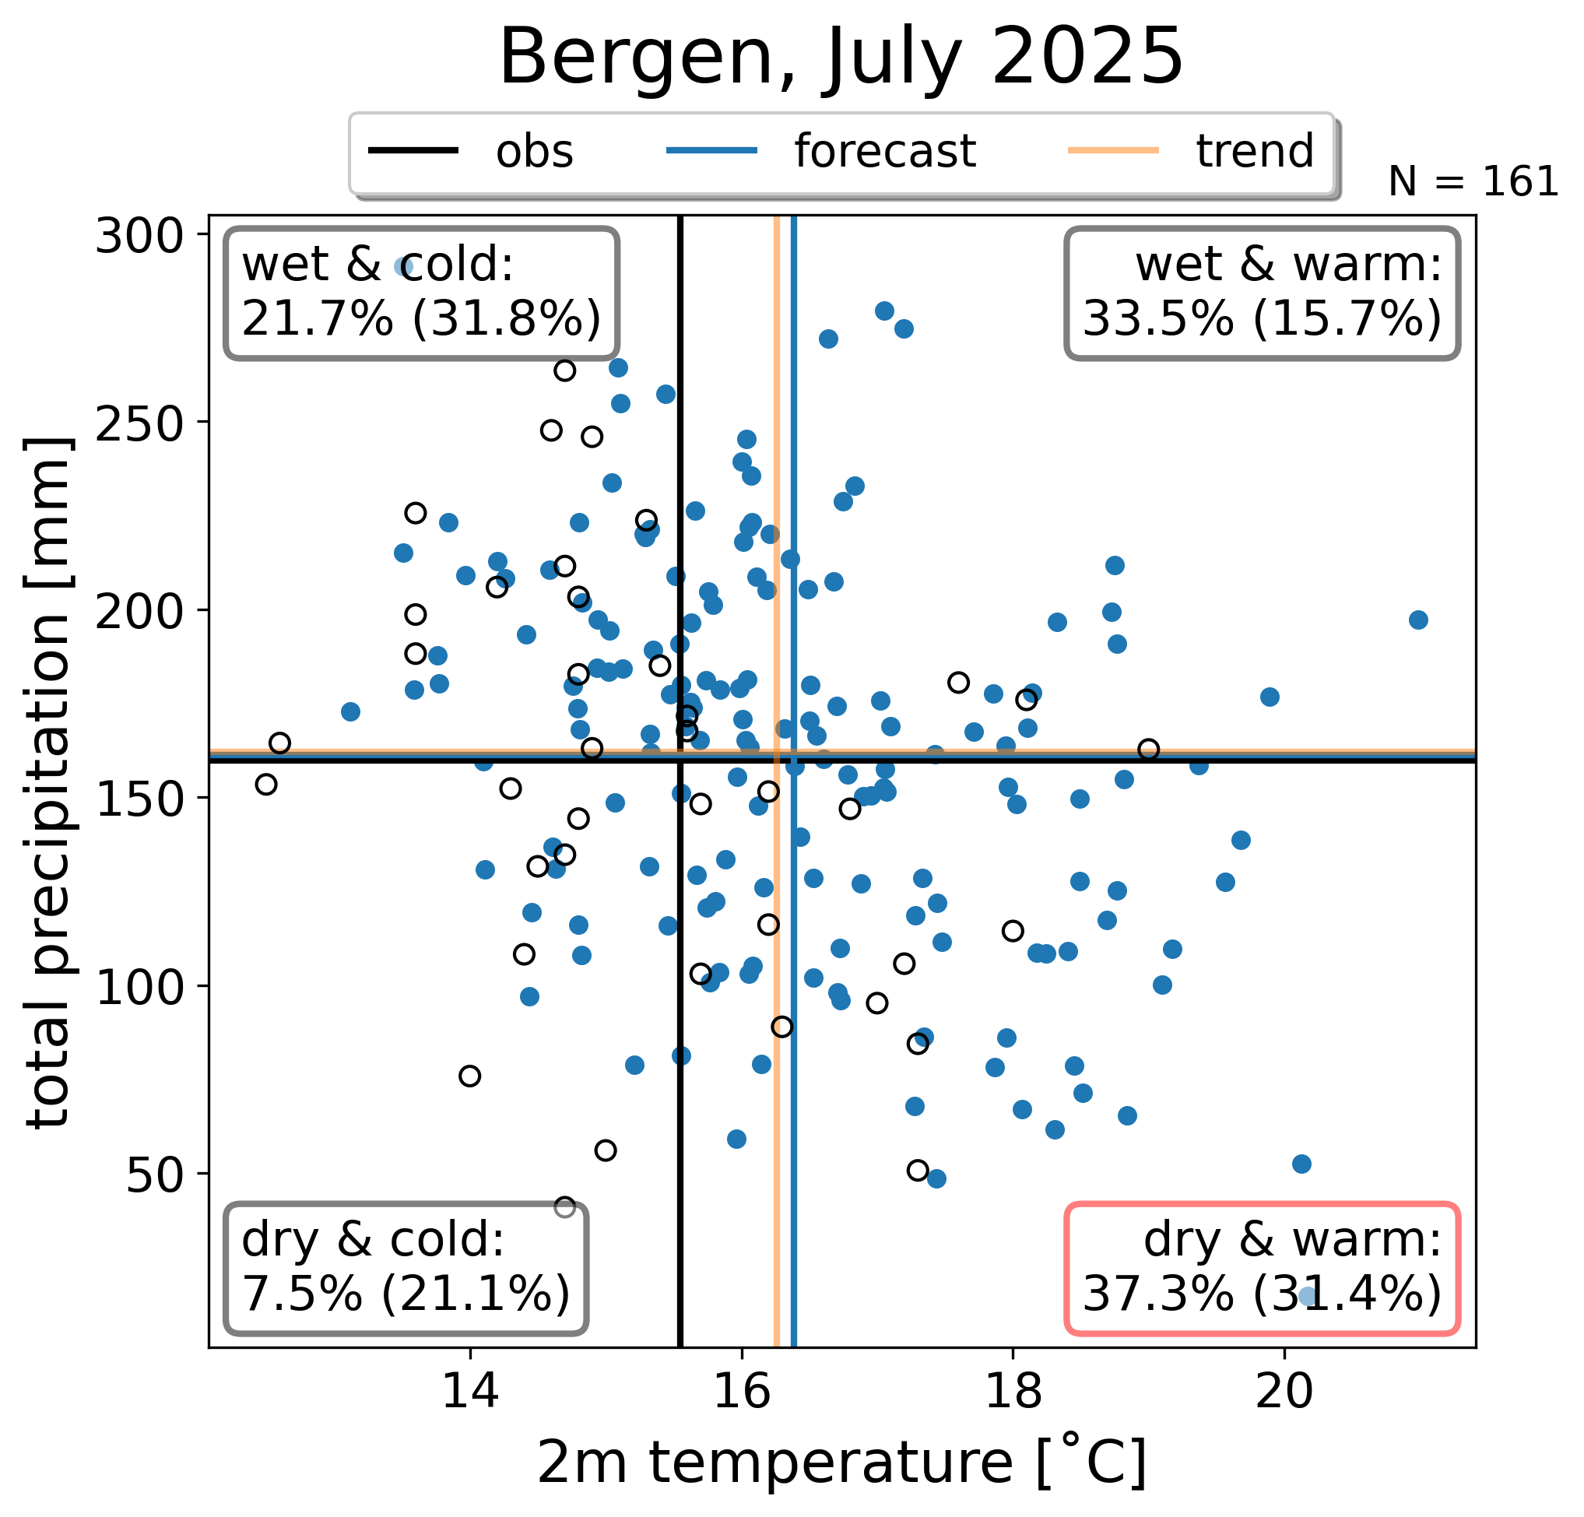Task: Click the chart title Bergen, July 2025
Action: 841,57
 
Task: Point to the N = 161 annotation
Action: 1473,182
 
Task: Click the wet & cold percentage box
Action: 421,293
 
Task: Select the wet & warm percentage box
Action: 1262,293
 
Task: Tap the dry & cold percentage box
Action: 406,1267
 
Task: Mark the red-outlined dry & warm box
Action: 1262,1267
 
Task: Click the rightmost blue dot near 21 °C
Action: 1418,620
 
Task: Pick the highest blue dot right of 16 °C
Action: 884,311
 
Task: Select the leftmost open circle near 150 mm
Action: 266,784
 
